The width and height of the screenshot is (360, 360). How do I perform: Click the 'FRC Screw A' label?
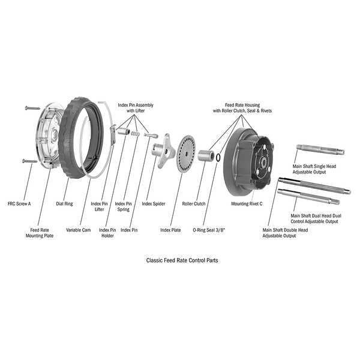[x=19, y=203]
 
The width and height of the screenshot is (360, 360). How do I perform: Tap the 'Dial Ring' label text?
[x=64, y=203]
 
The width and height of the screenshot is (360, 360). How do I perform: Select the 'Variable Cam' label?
[x=78, y=230]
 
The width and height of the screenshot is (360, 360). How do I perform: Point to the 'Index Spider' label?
[x=154, y=203]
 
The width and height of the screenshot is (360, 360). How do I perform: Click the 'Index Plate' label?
[x=170, y=230]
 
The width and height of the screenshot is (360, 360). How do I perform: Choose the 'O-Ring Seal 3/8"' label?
[x=209, y=230]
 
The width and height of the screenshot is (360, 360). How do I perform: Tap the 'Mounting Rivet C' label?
[x=247, y=203]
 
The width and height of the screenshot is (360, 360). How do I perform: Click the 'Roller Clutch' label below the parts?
[x=194, y=203]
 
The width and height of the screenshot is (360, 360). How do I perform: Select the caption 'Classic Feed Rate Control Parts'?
[x=182, y=260]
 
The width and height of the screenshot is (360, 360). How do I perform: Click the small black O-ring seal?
[x=218, y=157]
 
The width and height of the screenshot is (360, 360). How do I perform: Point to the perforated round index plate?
[x=186, y=152]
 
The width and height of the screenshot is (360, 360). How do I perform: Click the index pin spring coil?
[x=136, y=134]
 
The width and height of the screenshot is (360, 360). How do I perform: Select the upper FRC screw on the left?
[x=32, y=107]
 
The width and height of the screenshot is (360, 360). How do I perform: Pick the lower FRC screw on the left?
[x=30, y=161]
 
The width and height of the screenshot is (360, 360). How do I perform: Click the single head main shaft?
[x=320, y=149]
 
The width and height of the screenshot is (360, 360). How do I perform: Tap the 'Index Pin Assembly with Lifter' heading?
[x=136, y=107]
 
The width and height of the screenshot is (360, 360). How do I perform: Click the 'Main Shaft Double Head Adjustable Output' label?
[x=285, y=233]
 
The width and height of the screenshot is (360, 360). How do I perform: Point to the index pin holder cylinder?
[x=124, y=131]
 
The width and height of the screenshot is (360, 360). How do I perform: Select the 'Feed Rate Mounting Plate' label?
[x=40, y=233]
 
